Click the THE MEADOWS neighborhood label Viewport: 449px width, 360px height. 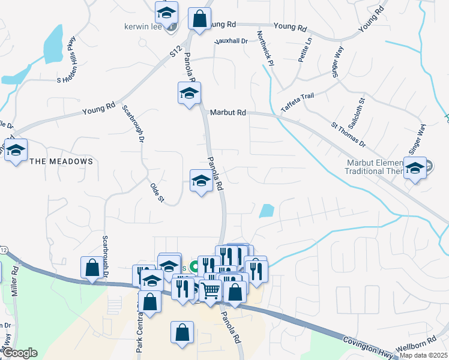(61, 161)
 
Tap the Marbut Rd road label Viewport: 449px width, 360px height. (228, 112)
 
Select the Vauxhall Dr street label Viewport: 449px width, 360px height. (231, 41)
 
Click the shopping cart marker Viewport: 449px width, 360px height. (210, 291)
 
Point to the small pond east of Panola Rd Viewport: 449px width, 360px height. (266, 211)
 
